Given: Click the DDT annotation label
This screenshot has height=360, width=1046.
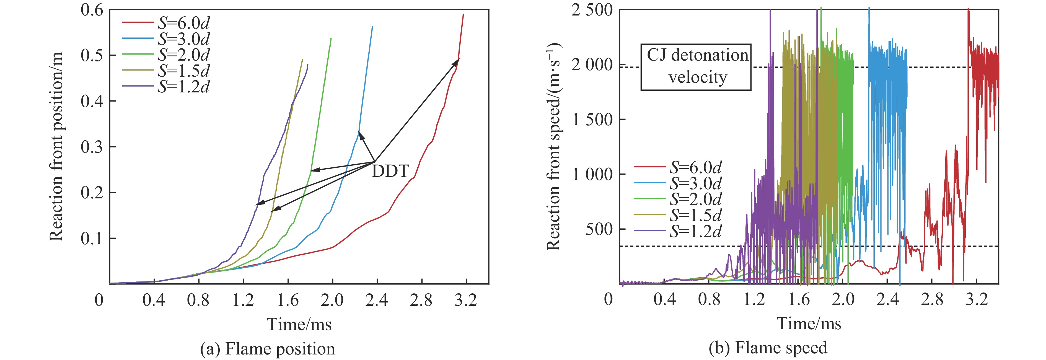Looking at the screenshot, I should pos(390,171).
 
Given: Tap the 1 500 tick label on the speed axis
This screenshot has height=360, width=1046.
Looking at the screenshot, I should pos(592,120).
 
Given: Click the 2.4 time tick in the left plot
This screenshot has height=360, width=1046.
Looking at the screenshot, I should pos(377,300).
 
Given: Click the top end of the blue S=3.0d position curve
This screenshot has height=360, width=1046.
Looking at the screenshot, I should pos(372,27).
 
